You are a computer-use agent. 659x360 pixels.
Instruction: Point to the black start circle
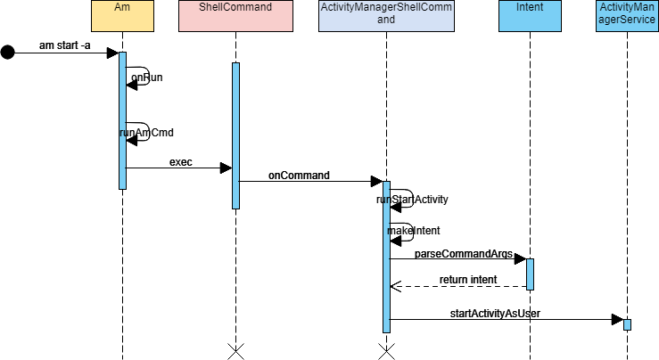point(8,53)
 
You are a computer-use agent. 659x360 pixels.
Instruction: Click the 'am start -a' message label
point(65,45)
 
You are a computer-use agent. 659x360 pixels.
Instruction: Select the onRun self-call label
point(146,78)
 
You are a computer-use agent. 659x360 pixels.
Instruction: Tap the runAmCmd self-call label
point(146,132)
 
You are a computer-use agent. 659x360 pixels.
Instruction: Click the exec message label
point(181,162)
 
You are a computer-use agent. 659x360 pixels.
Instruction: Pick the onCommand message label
point(299,176)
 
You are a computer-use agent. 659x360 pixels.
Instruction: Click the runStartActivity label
point(412,200)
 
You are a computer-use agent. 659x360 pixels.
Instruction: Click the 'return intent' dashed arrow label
point(467,280)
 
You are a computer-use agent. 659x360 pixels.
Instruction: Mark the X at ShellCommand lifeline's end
point(235,351)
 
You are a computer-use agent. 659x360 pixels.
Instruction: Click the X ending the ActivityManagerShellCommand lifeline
point(386,351)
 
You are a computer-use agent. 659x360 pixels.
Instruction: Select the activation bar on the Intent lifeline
point(530,274)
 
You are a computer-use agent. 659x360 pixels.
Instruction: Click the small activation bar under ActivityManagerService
point(627,324)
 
